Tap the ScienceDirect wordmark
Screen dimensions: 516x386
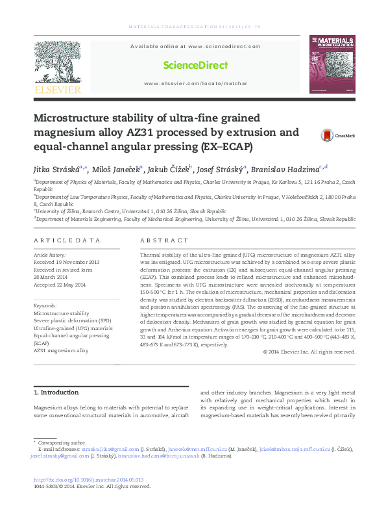(195, 66)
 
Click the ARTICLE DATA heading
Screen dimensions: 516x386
(67, 240)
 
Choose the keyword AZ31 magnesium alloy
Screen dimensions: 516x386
(60, 350)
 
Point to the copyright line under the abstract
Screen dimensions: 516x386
(300, 352)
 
